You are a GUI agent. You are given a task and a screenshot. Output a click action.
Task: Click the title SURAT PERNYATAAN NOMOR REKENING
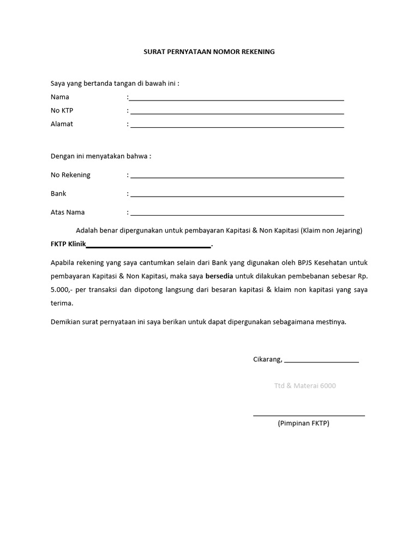point(209,52)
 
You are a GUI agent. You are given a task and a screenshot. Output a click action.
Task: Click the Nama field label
point(60,97)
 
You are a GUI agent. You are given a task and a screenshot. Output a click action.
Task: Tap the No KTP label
point(62,111)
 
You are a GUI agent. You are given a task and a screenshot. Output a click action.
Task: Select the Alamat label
point(62,124)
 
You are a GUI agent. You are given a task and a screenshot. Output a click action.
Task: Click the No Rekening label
point(70,175)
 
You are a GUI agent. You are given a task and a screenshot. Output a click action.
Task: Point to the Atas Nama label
point(68,212)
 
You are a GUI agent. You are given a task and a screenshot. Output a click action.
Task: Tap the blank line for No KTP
point(237,114)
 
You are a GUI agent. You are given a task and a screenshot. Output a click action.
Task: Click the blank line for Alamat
point(237,127)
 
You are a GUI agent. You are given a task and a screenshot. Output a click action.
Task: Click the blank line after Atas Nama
point(237,215)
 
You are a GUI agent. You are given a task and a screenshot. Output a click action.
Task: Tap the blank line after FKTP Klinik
point(148,247)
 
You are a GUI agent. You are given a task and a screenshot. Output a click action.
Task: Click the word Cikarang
point(267,359)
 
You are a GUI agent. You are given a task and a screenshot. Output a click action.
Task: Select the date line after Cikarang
point(321,362)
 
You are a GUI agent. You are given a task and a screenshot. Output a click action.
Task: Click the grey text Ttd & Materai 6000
point(305,386)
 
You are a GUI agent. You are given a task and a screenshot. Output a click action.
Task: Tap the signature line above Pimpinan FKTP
point(309,416)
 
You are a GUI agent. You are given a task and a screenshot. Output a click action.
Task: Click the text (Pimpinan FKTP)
point(303,424)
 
